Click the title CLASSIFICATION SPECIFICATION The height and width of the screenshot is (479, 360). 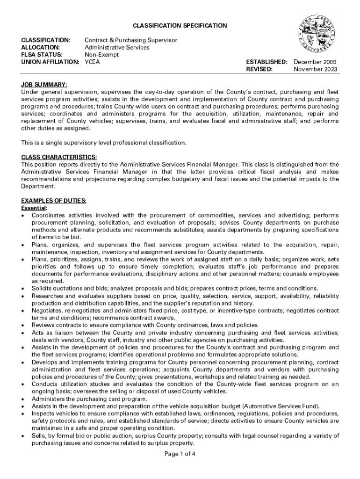point(180,26)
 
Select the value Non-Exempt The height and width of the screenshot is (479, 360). point(101,55)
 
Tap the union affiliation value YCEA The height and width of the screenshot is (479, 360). point(93,62)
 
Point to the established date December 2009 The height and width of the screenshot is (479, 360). point(315,62)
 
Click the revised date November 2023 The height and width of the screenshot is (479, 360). point(315,69)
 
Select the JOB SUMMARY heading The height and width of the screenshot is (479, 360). point(44,85)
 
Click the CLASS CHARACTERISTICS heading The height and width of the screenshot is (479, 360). point(59,157)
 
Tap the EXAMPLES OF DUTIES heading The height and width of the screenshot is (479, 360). point(54,201)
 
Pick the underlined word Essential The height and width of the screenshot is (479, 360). point(34,208)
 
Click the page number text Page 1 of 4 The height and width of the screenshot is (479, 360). point(180,453)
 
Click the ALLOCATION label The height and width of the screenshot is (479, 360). point(41,47)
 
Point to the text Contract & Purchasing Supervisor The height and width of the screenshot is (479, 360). point(131,40)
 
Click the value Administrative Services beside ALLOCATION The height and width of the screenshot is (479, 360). point(117,47)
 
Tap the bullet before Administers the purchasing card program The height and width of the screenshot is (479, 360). point(23,399)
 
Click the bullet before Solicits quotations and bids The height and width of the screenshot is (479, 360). point(23,289)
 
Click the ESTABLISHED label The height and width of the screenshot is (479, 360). point(266,62)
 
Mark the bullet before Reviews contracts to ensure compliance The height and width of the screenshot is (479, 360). point(23,326)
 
